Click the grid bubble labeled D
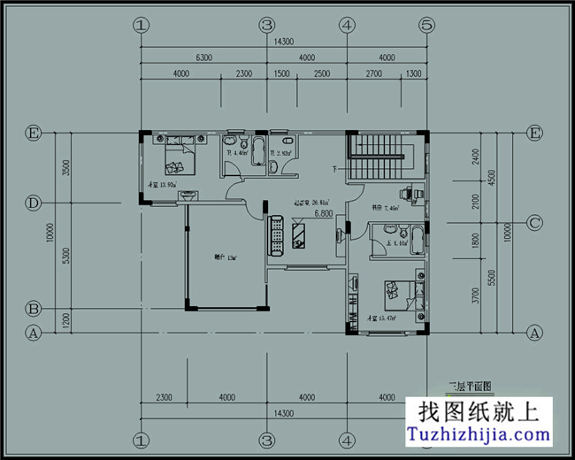pos(34,203)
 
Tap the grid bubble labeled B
pos(34,309)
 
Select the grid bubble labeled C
pos(534,223)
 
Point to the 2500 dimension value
pos(321,73)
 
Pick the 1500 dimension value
pos(282,73)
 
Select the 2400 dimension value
pos(475,157)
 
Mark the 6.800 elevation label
pos(322,213)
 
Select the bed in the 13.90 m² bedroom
pos(180,157)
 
